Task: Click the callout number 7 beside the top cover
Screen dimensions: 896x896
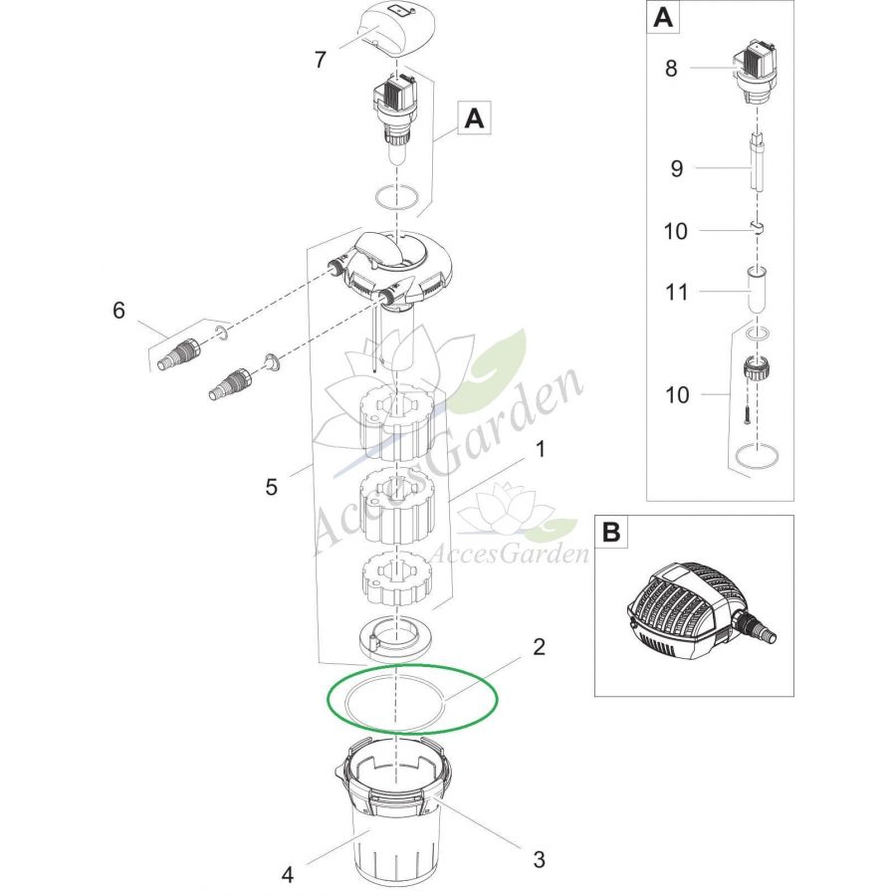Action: pyautogui.click(x=321, y=60)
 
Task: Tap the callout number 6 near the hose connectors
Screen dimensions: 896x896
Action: pyautogui.click(x=118, y=311)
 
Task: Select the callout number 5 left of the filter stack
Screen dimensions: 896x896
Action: pyautogui.click(x=272, y=487)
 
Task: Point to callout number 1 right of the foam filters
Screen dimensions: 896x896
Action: pyautogui.click(x=540, y=449)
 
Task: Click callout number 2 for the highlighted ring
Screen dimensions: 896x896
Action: pyautogui.click(x=539, y=647)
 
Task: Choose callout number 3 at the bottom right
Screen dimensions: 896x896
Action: pyautogui.click(x=539, y=859)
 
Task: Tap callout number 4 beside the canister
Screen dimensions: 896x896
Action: pyautogui.click(x=288, y=874)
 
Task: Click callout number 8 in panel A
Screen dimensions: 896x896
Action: pyautogui.click(x=671, y=68)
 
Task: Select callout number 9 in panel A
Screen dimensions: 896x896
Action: pyautogui.click(x=677, y=168)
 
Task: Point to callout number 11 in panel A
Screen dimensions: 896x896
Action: pyautogui.click(x=677, y=293)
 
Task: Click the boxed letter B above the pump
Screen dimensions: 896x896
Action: pyautogui.click(x=611, y=532)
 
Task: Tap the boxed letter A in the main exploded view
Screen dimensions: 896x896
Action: pyautogui.click(x=474, y=118)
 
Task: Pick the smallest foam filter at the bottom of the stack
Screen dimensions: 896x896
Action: pyautogui.click(x=395, y=580)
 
